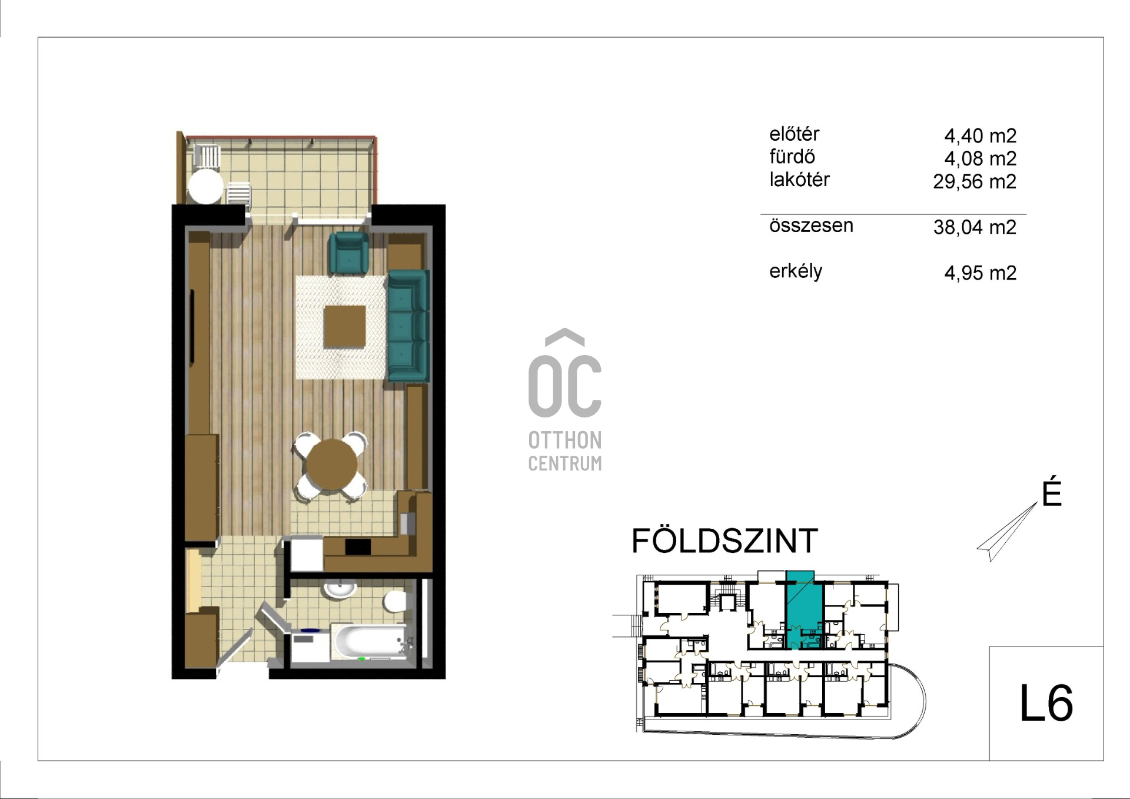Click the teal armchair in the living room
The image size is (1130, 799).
[x=348, y=253]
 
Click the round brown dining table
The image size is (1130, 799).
[x=331, y=464]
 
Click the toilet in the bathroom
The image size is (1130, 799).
[x=394, y=602]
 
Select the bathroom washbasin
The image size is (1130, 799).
[x=339, y=589]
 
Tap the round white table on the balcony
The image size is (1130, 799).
[x=205, y=186]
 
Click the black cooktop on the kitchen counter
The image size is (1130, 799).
[x=358, y=547]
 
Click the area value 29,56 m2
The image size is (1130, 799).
[x=974, y=181]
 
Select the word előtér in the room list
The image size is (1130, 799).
[x=794, y=134]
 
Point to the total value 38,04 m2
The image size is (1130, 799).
[x=975, y=227]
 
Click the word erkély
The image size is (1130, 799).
[x=796, y=271]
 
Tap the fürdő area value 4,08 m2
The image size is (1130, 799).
[x=980, y=158]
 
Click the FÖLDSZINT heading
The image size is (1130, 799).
[x=724, y=541]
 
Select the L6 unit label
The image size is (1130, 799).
[x=1046, y=704]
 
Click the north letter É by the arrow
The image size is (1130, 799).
[x=1052, y=493]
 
